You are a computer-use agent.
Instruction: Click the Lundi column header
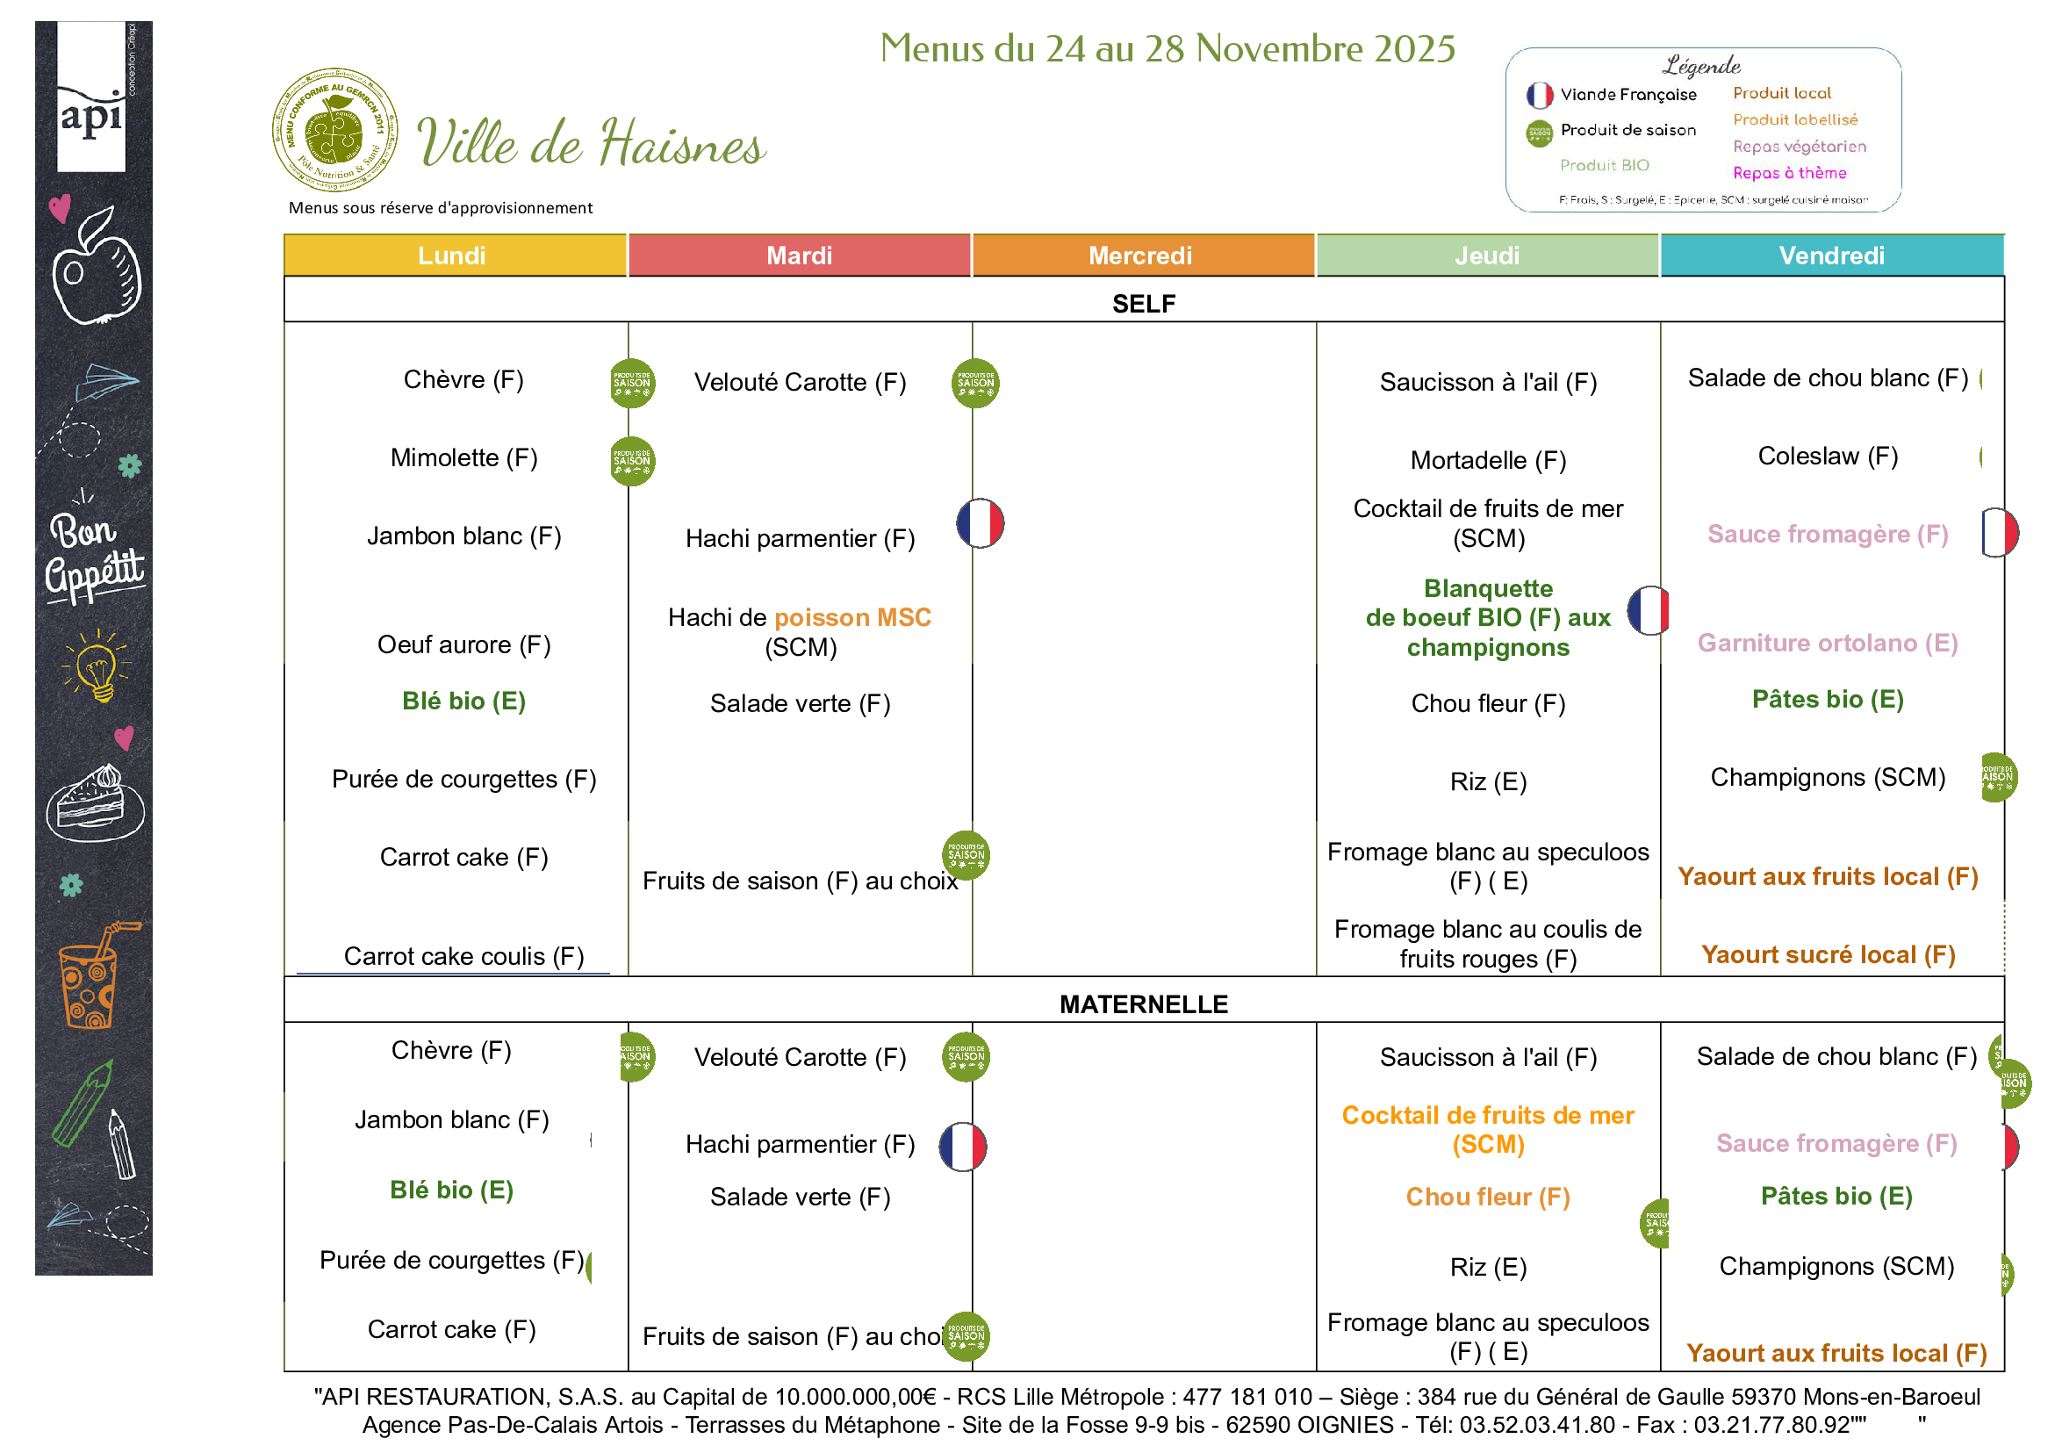452,256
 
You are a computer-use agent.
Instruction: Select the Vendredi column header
1831,256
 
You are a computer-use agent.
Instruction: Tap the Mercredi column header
1140,256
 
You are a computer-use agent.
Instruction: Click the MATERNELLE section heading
1144,1004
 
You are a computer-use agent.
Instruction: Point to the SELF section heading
1144,305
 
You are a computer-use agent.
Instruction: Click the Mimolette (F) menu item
463,458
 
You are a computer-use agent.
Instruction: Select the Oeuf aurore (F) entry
463,644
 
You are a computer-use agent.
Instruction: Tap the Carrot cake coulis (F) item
463,956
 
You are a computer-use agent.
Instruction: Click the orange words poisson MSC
852,618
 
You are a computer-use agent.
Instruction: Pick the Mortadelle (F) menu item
1488,460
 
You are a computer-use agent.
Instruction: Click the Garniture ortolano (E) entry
1828,643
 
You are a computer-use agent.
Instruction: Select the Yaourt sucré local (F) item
1828,954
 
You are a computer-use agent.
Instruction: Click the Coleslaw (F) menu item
1828,457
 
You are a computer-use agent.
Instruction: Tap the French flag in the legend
1540,95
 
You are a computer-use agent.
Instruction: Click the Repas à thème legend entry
1789,173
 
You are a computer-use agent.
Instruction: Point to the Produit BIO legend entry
1604,166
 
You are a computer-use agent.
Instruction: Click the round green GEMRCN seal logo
334,130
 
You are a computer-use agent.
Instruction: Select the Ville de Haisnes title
591,143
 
